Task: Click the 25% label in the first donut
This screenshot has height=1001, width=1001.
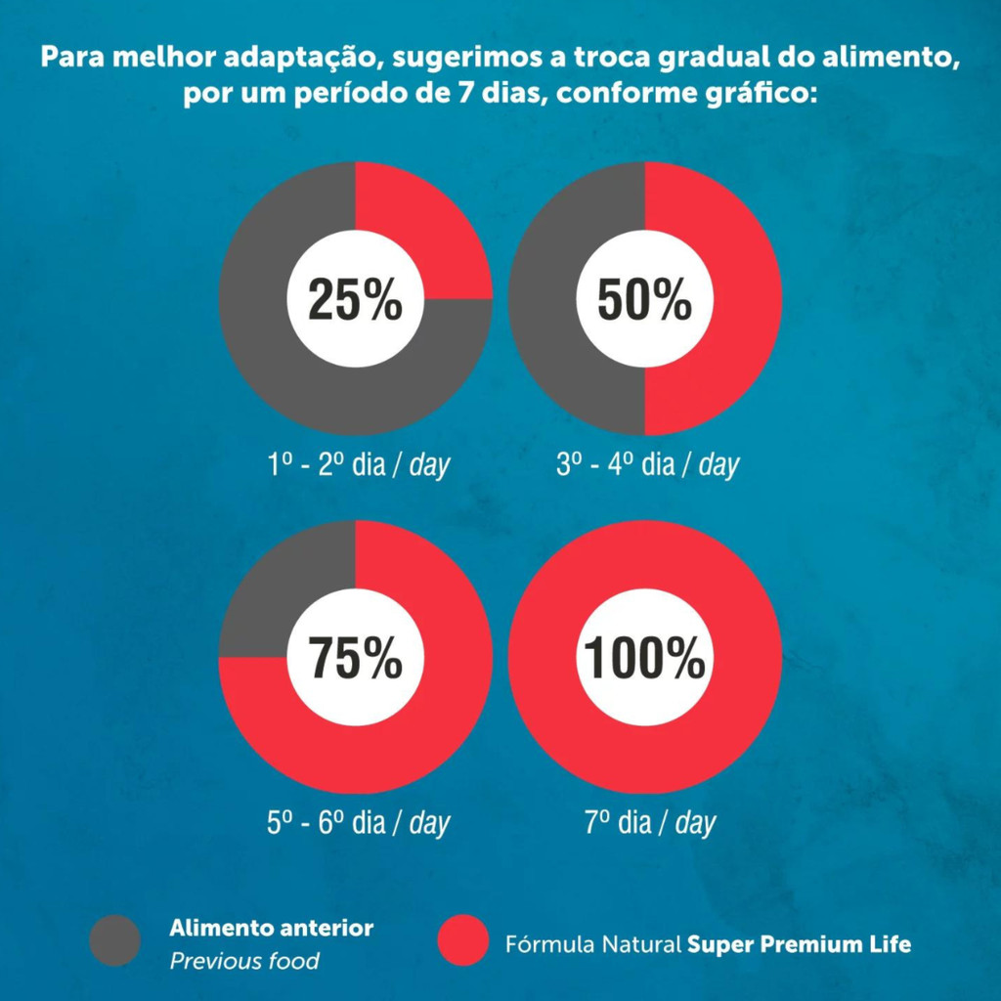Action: [355, 300]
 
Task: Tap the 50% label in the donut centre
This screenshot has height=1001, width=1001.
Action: [644, 300]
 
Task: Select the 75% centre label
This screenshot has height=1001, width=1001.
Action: [355, 658]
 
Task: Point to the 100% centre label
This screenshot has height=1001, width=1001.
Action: [644, 658]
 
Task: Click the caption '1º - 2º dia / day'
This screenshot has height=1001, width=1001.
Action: [358, 464]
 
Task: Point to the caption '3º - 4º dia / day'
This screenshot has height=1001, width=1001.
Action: [647, 464]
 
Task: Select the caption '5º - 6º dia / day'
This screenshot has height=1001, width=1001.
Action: [358, 823]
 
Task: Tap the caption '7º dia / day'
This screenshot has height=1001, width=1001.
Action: [650, 823]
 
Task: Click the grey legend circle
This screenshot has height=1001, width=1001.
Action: [115, 940]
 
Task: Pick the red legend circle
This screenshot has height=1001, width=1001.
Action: [462, 940]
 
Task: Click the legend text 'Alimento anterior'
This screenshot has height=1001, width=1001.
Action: [271, 927]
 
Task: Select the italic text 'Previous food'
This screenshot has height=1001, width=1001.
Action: [244, 961]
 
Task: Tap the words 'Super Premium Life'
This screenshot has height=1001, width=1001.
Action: [799, 945]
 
